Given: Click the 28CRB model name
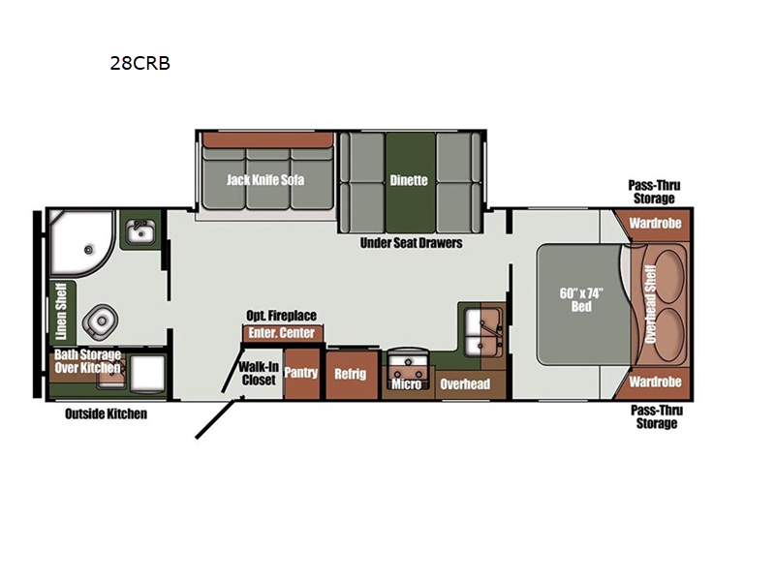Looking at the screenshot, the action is (x=139, y=63).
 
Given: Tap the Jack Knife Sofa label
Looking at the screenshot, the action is (x=265, y=180).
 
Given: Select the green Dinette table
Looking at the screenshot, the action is (x=410, y=182).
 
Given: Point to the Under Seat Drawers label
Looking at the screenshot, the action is (x=411, y=243).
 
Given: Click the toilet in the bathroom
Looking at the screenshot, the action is (x=101, y=321).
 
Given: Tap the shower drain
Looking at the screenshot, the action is (x=89, y=250).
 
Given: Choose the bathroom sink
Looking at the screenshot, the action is (x=140, y=230).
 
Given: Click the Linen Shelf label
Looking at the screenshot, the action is (x=61, y=311).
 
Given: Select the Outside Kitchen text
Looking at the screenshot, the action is (x=106, y=413).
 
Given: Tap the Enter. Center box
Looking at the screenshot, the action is (x=282, y=333).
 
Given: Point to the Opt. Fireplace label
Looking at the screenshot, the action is (x=281, y=316).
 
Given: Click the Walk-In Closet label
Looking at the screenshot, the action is (x=259, y=374).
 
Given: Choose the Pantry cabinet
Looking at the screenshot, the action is (x=301, y=374).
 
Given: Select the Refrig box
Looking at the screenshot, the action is (x=351, y=375).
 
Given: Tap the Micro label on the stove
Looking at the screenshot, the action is (x=407, y=384).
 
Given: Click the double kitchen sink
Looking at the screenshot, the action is (x=483, y=331).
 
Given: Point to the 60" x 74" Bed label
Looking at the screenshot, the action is (x=581, y=300).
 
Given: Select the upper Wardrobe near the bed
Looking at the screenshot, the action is (x=655, y=224).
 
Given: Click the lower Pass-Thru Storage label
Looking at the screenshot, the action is (x=657, y=417).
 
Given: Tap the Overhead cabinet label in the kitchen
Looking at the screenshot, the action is (x=465, y=383).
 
